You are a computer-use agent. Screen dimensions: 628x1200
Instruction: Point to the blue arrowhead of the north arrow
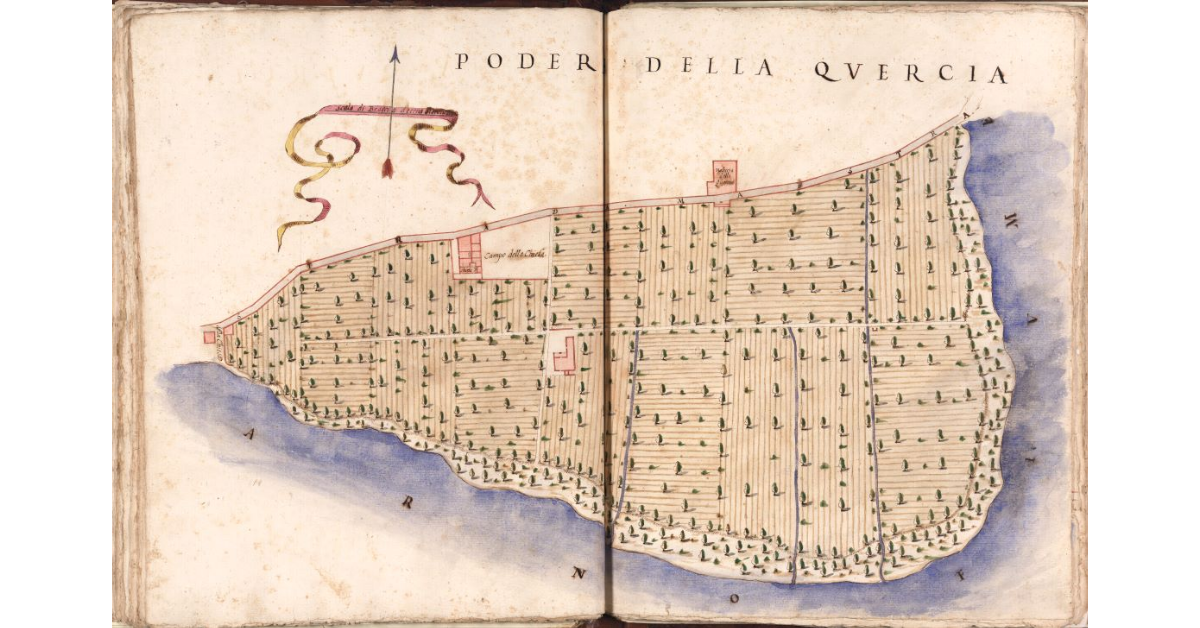pyautogui.click(x=394, y=56)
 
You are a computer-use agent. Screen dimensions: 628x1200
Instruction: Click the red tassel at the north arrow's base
pyautogui.click(x=387, y=166)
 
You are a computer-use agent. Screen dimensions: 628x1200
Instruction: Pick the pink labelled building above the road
pyautogui.click(x=722, y=176)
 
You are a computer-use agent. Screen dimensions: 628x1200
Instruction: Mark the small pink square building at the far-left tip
pyautogui.click(x=209, y=337)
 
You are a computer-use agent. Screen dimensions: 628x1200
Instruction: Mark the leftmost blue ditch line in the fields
pyautogui.click(x=626, y=430)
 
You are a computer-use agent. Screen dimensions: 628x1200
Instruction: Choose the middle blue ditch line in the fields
pyautogui.click(x=795, y=450)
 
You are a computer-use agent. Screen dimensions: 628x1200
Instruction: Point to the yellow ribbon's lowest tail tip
pyautogui.click(x=281, y=244)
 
